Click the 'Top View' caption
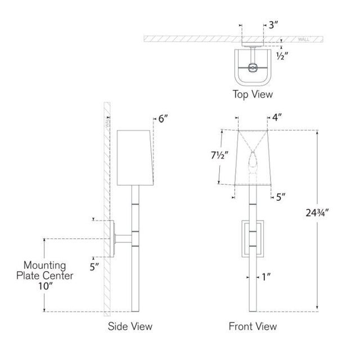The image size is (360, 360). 253,94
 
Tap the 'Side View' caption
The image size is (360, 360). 130,326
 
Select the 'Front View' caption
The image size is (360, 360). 253,326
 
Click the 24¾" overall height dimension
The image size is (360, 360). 317,213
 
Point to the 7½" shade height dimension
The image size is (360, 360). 220,156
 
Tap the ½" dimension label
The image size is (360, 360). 282,56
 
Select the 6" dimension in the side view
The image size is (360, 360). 163,119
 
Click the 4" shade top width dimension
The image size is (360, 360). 277,118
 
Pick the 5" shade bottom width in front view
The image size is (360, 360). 281,197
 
